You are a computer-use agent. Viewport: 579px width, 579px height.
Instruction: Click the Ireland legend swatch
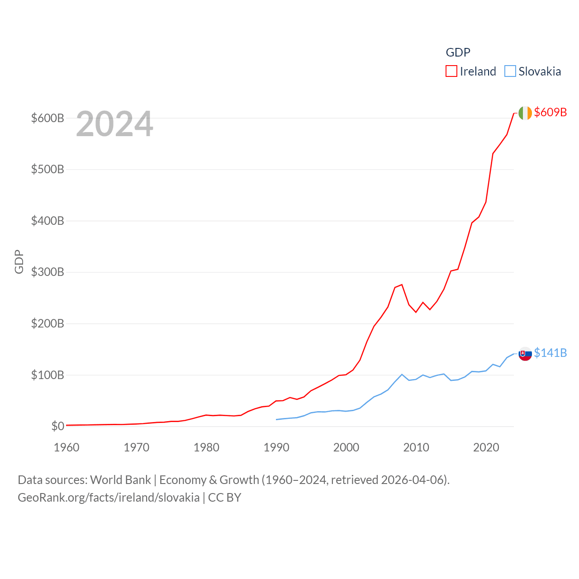(451, 71)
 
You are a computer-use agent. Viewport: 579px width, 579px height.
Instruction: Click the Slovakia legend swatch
(510, 71)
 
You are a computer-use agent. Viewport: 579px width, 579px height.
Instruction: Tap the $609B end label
(550, 112)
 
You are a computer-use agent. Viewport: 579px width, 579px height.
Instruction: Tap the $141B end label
(550, 353)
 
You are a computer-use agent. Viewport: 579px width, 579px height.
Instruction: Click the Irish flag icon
(525, 113)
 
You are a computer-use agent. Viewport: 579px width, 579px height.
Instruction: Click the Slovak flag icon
(525, 354)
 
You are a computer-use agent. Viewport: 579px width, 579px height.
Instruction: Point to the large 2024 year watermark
(114, 124)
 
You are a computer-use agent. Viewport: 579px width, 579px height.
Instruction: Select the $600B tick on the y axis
(47, 119)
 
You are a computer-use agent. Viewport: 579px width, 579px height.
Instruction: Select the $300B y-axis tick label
(47, 272)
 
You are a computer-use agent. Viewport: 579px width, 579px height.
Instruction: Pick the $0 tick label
(57, 426)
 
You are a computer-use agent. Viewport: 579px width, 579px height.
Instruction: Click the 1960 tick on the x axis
(66, 448)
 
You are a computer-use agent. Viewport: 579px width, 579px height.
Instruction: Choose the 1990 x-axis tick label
(276, 448)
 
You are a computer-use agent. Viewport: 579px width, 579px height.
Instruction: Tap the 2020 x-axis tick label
(486, 448)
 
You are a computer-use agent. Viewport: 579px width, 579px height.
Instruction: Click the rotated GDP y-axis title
(19, 261)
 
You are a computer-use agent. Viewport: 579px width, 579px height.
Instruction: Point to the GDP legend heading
(458, 52)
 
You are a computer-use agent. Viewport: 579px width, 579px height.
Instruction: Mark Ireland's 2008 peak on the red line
(402, 285)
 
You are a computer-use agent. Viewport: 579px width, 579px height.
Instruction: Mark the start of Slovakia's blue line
(276, 419)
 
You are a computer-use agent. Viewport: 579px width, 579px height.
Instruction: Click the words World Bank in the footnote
(121, 480)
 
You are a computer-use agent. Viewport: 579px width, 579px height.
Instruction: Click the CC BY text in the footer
(224, 498)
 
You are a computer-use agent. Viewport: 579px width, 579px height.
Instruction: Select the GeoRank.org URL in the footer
(109, 498)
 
